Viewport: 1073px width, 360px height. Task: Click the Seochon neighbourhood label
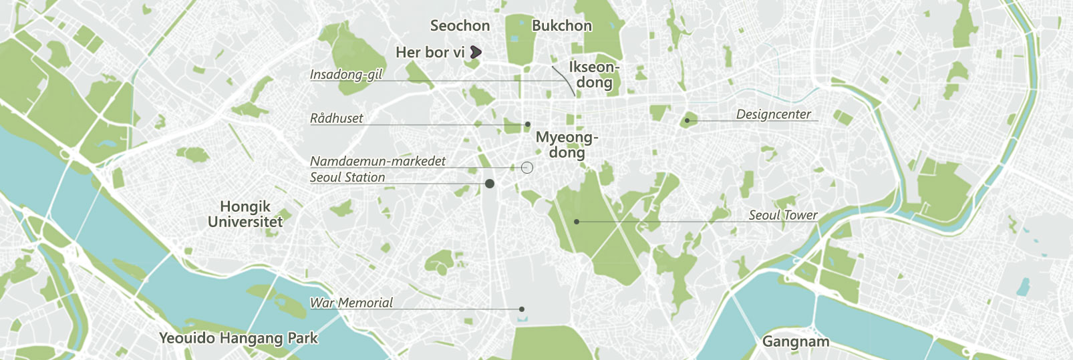click(460, 26)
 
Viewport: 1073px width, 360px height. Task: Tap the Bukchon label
click(561, 26)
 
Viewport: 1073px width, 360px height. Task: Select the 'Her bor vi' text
click(430, 52)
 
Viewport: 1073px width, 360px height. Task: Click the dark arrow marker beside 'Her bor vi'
click(476, 51)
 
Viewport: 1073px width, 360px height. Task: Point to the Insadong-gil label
click(345, 74)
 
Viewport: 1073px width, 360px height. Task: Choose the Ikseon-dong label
click(594, 75)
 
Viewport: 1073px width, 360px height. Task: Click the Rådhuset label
click(336, 118)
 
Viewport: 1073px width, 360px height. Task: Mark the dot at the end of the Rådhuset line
click(528, 124)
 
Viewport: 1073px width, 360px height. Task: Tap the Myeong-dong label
click(567, 145)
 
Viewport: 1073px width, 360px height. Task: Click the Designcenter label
click(773, 114)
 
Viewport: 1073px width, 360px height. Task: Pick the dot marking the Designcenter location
click(687, 121)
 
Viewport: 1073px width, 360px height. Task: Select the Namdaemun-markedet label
click(377, 161)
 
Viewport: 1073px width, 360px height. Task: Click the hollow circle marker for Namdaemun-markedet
click(526, 168)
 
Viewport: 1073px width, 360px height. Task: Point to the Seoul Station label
click(347, 177)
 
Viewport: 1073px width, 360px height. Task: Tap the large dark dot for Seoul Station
click(490, 184)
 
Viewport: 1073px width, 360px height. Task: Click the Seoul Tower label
click(782, 215)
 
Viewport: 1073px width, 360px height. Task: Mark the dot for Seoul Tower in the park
click(577, 221)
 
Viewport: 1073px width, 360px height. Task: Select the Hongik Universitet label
click(245, 214)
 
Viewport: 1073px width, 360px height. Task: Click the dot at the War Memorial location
click(522, 309)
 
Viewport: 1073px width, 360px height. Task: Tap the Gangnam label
click(795, 342)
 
